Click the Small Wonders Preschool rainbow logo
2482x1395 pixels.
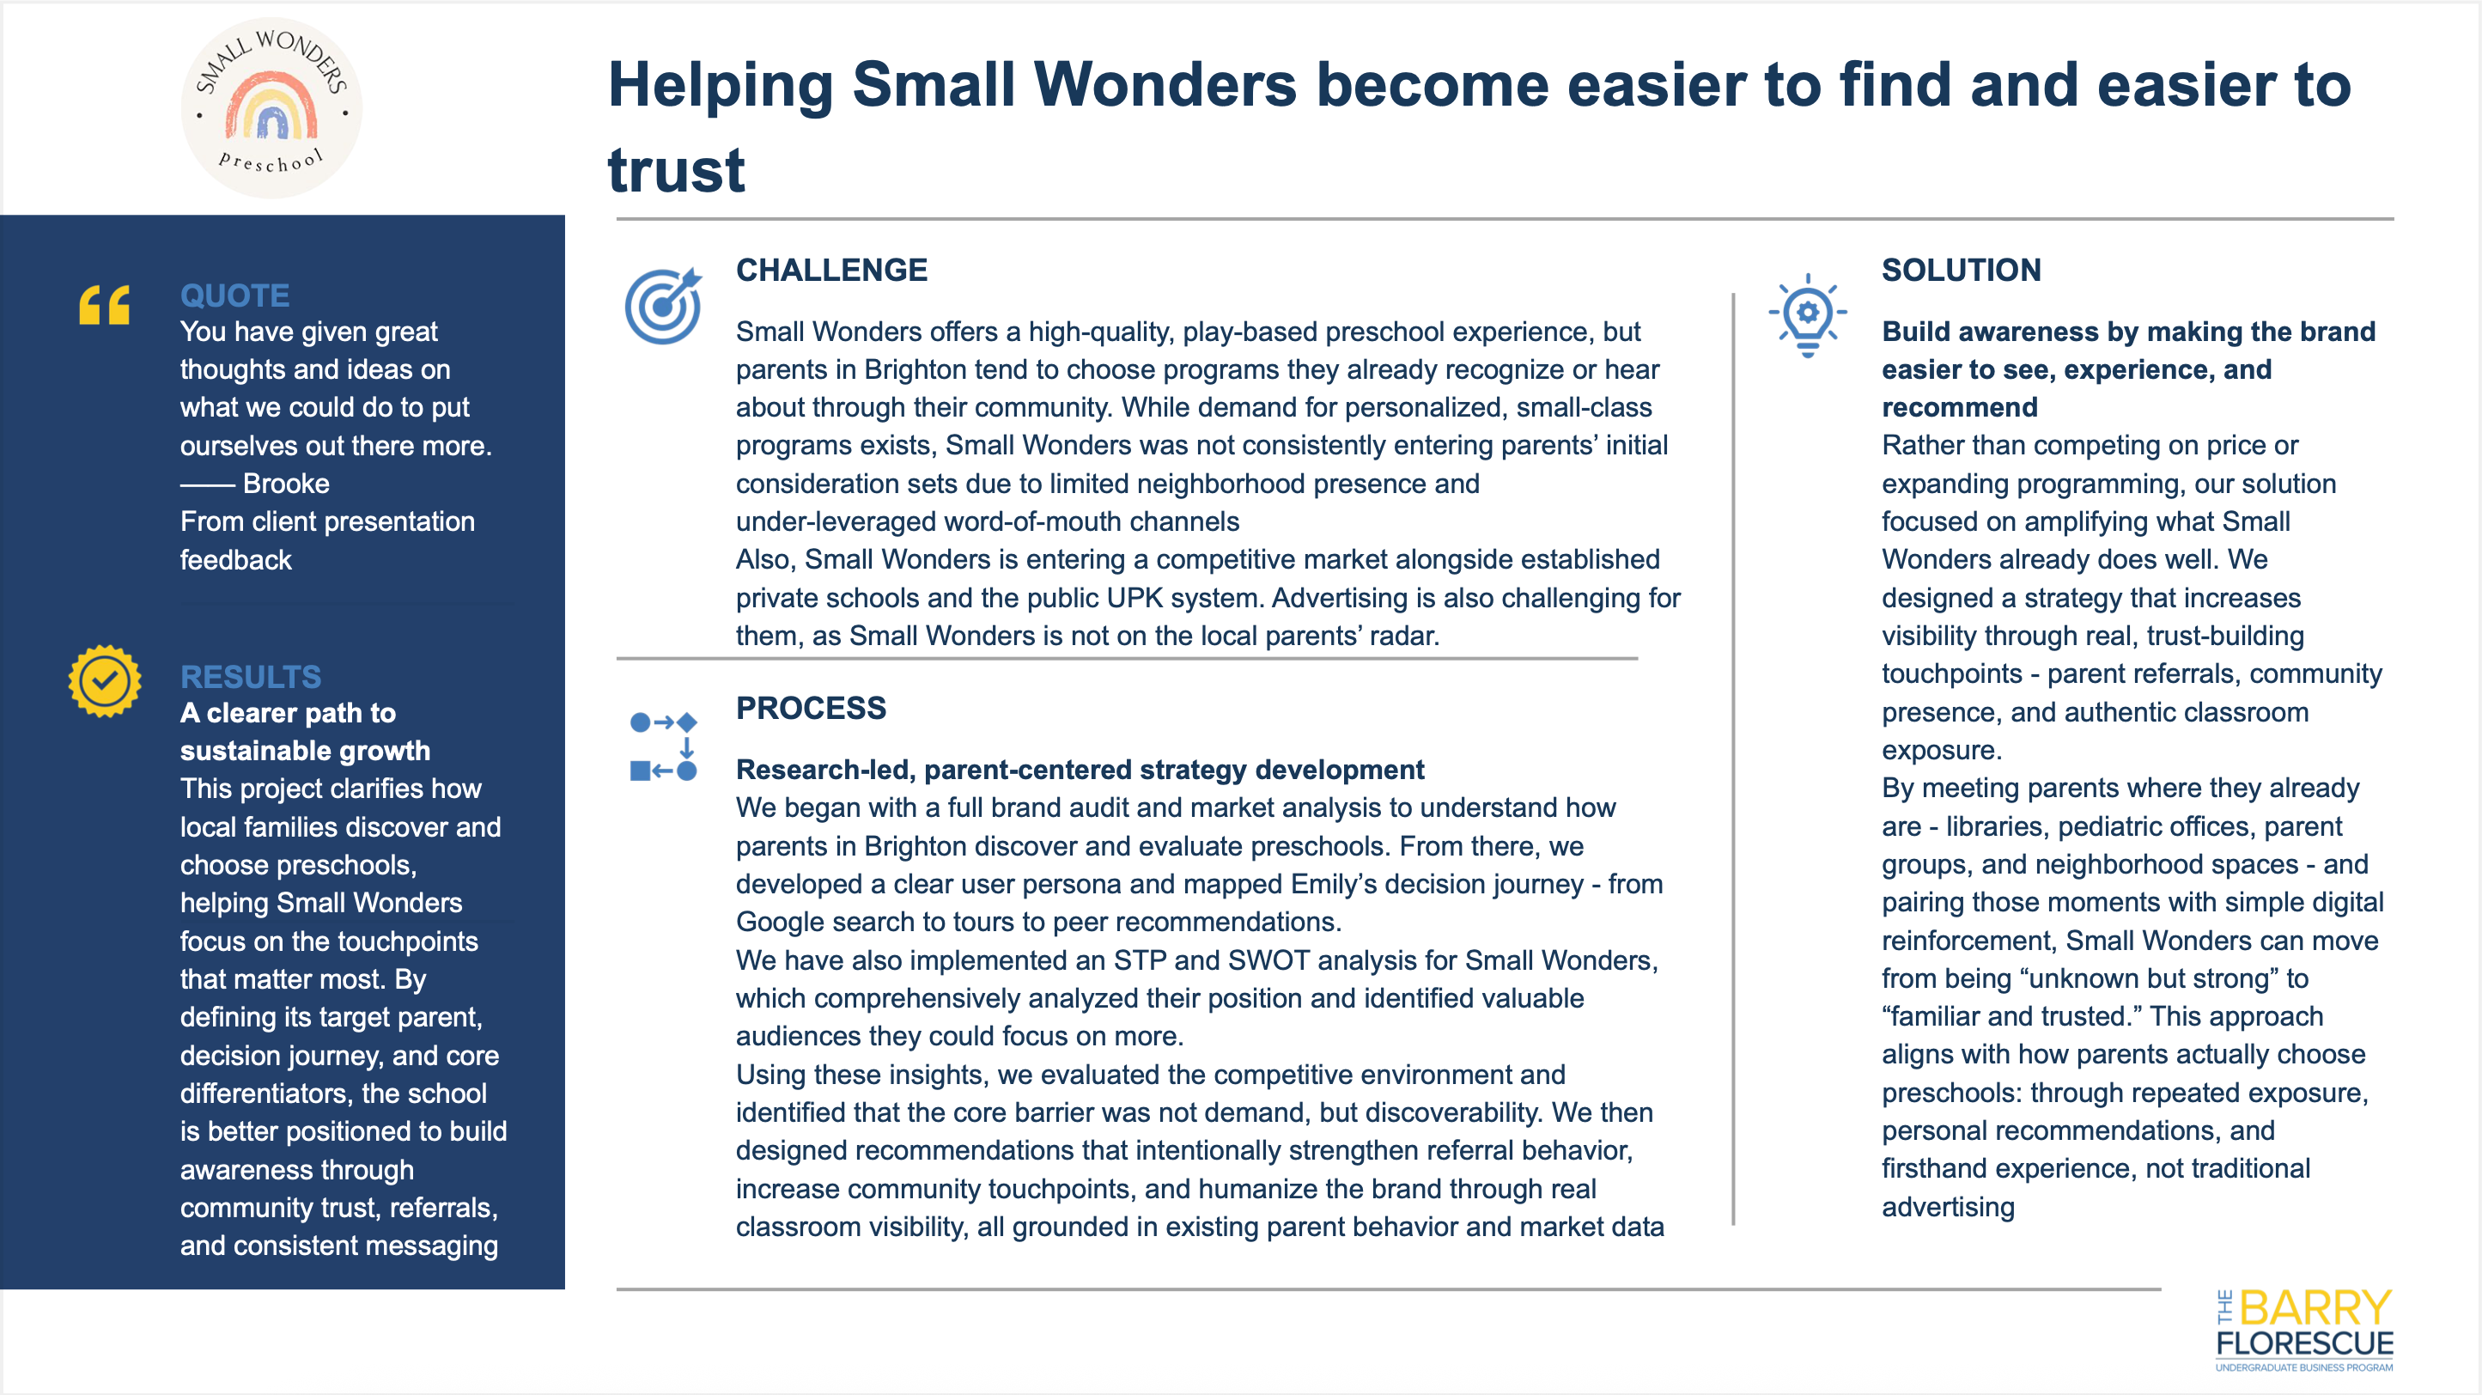click(x=271, y=108)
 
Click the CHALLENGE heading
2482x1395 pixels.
click(x=831, y=270)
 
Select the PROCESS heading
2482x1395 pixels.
click(x=811, y=708)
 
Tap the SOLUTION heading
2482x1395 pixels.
click(x=1961, y=270)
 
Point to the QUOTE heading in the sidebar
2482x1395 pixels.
click(x=235, y=295)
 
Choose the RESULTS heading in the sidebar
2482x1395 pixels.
click(x=251, y=676)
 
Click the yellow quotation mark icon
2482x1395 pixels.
click(x=104, y=306)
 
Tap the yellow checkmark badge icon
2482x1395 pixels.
click(x=105, y=681)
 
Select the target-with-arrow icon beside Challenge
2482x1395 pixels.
click(x=664, y=306)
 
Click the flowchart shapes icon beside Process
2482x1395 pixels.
click(x=663, y=746)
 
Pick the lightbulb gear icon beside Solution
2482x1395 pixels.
click(x=1808, y=315)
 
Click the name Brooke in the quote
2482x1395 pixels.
click(x=286, y=484)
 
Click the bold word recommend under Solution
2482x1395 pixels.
click(x=1960, y=407)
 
